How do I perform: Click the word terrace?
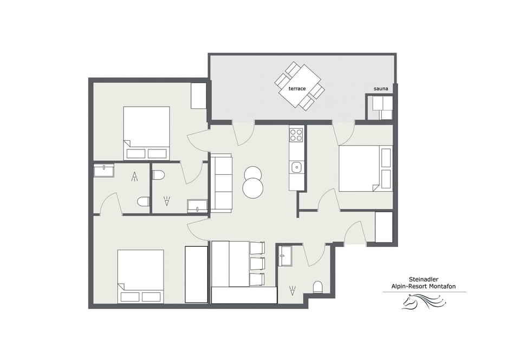pos(297,88)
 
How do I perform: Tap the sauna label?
pos(381,89)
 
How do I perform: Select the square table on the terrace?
pos(300,86)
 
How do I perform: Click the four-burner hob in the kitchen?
pos(296,135)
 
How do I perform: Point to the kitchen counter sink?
pos(296,167)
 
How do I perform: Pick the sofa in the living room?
pos(221,183)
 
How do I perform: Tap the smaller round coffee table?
pos(253,173)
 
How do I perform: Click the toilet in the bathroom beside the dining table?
pos(318,286)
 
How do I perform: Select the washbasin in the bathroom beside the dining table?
pos(285,256)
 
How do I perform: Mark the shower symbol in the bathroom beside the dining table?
pos(292,291)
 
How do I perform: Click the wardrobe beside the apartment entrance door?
pos(383,227)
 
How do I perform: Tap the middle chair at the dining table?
pos(257,264)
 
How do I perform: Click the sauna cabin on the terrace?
pos(379,107)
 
